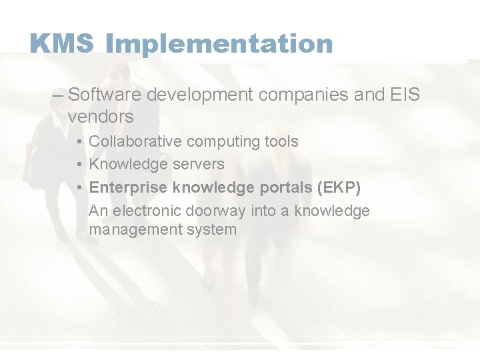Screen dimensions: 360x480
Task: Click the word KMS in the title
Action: pyautogui.click(x=63, y=44)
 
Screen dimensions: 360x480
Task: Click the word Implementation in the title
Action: pyautogui.click(x=219, y=44)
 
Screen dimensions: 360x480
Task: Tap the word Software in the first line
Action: pyautogui.click(x=105, y=95)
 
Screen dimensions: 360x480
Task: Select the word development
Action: pyautogui.click(x=200, y=95)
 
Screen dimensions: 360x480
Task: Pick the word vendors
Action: pyautogui.click(x=101, y=117)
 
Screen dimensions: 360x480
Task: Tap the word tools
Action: pyautogui.click(x=282, y=141)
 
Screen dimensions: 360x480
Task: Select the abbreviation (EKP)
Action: pyautogui.click(x=339, y=187)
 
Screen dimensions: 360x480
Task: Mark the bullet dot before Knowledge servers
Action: pyautogui.click(x=79, y=164)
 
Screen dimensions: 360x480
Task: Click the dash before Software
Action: pyautogui.click(x=58, y=95)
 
